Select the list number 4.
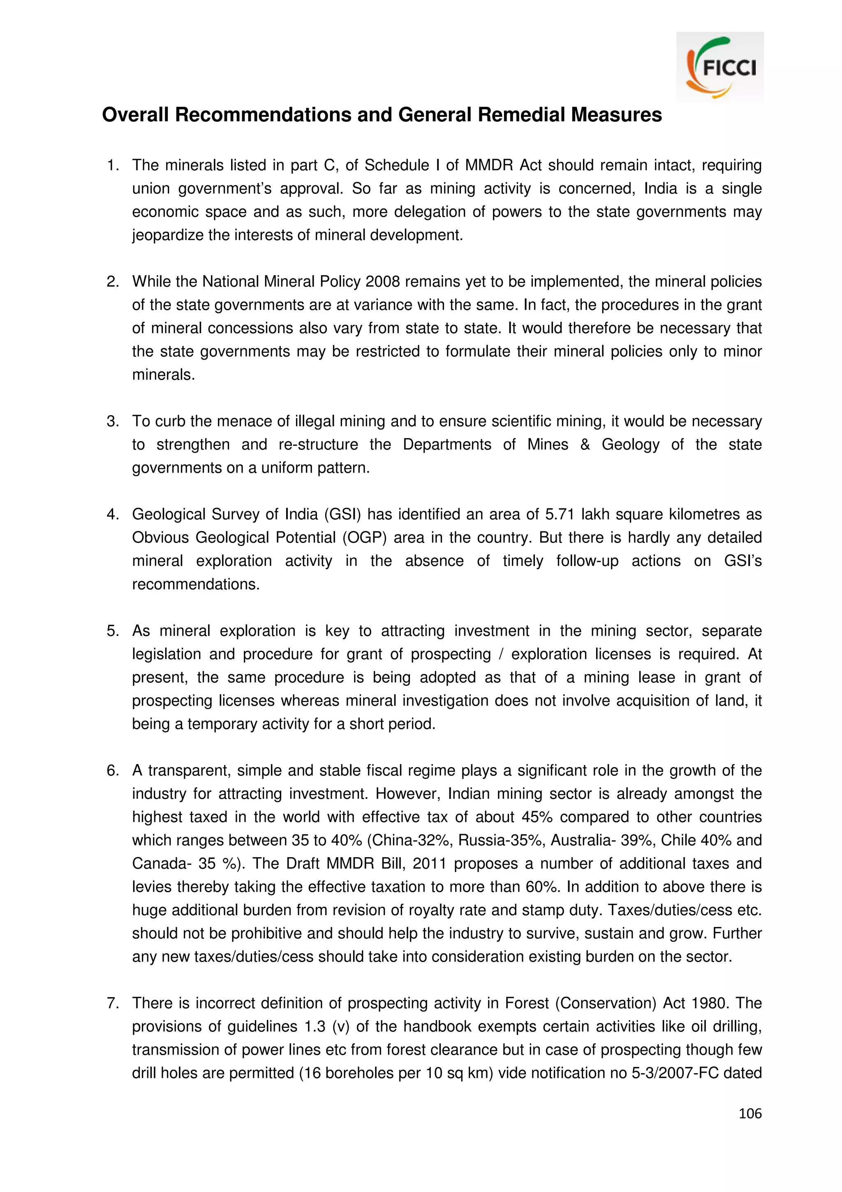tap(112, 514)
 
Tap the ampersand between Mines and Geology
tap(585, 444)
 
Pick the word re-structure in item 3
tap(318, 444)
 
